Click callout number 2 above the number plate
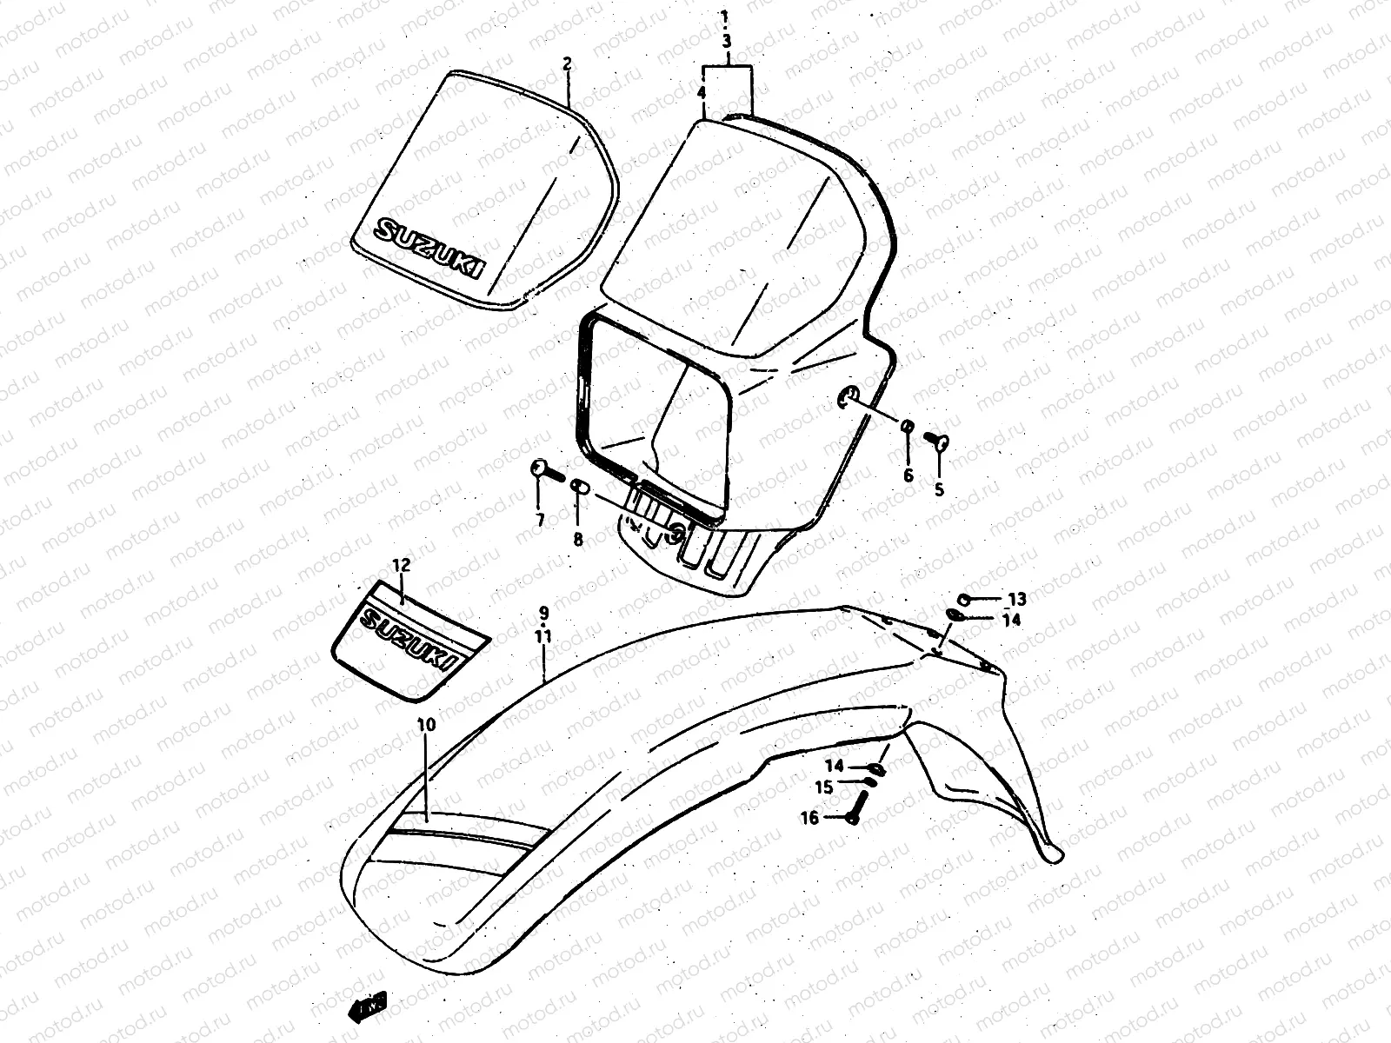pyautogui.click(x=567, y=63)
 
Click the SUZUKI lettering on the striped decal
pyautogui.click(x=409, y=641)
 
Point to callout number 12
pyautogui.click(x=400, y=565)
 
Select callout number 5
pyautogui.click(x=939, y=490)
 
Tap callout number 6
pyautogui.click(x=908, y=475)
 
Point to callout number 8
pyautogui.click(x=578, y=540)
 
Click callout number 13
pyautogui.click(x=1016, y=599)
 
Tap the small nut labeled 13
pyautogui.click(x=964, y=599)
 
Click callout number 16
pyautogui.click(x=809, y=818)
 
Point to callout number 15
pyautogui.click(x=823, y=787)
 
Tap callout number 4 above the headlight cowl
pyautogui.click(x=701, y=91)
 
